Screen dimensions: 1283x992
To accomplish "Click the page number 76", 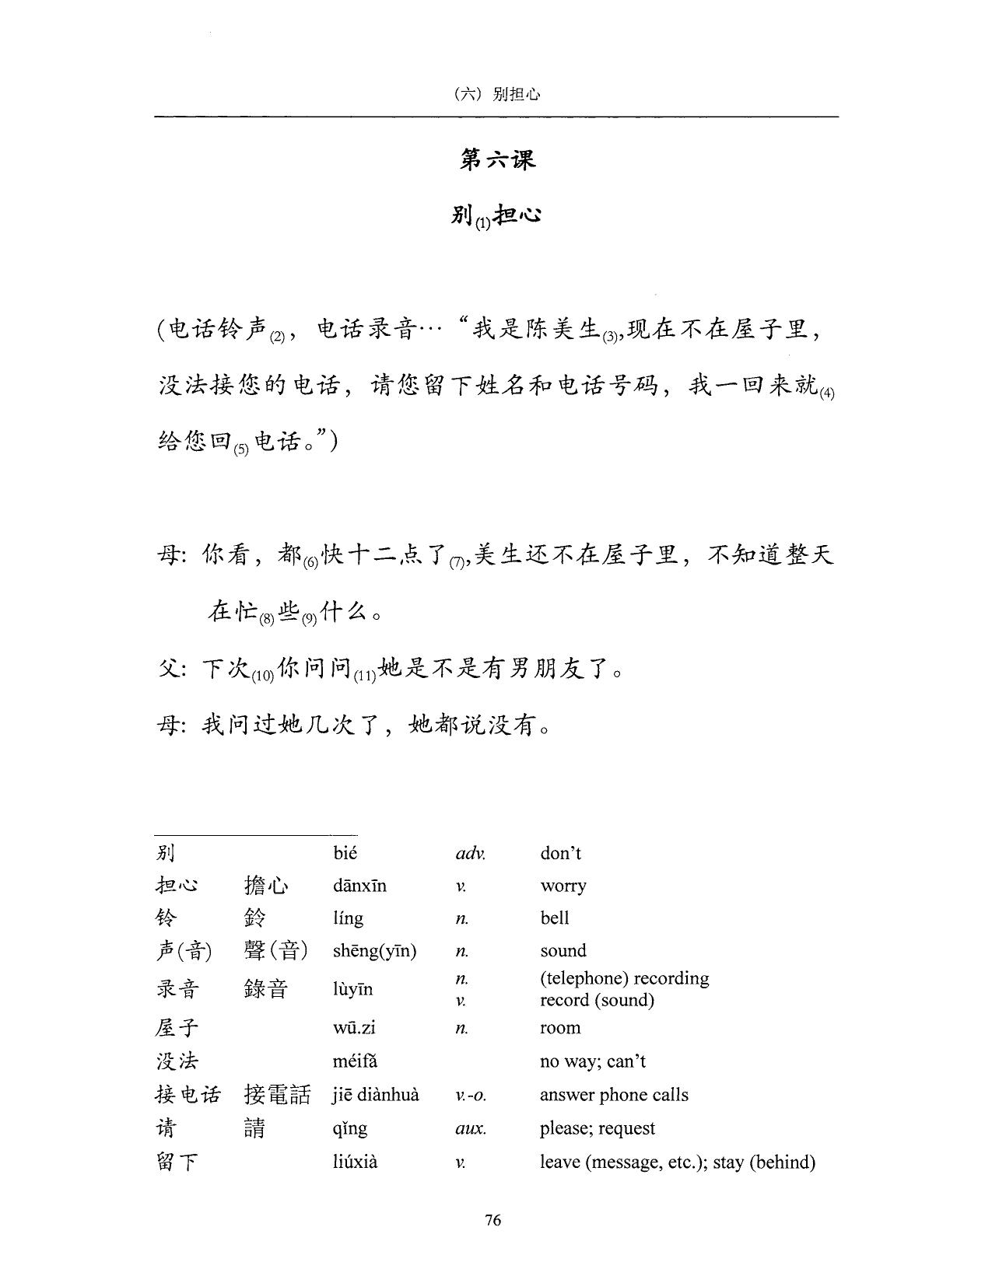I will (492, 1219).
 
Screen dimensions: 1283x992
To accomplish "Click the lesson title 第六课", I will (497, 159).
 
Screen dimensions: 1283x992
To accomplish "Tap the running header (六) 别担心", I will (496, 94).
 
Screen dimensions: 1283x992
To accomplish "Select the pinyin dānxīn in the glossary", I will (359, 886).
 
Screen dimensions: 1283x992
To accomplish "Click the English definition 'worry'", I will (563, 886).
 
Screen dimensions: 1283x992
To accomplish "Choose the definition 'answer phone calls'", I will (614, 1095).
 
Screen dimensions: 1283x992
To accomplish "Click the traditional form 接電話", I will (277, 1095).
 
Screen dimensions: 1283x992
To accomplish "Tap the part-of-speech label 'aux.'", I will (471, 1128).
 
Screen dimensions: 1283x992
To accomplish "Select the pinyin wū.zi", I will (354, 1028).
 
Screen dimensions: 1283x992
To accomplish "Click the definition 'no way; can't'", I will (593, 1061).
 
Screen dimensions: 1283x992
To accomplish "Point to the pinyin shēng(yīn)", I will (374, 950).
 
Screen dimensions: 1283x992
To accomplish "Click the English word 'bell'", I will (555, 918).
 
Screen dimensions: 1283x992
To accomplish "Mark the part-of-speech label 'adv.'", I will (470, 853).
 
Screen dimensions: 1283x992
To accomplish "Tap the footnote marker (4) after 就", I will (826, 393).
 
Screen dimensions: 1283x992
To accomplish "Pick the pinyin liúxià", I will (355, 1162).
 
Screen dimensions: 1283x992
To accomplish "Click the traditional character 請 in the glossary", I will (254, 1128).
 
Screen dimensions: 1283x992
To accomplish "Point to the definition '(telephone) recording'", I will (624, 978).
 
